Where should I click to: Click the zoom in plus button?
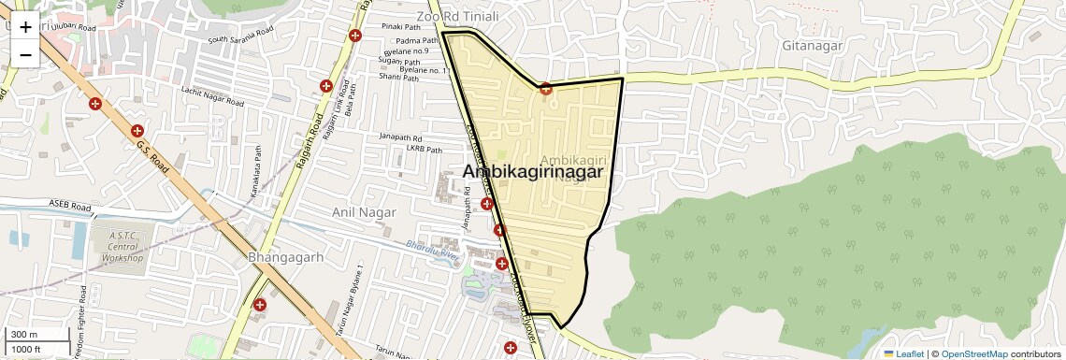tap(25, 27)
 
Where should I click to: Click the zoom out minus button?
tap(25, 54)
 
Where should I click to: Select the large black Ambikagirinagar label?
tap(531, 172)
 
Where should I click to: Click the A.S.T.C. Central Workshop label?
tap(123, 247)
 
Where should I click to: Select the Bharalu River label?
tap(436, 249)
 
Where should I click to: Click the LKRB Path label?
tap(423, 149)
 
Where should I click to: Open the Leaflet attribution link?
tap(903, 354)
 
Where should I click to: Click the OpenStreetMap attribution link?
tap(973, 354)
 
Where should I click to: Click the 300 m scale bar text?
tap(24, 335)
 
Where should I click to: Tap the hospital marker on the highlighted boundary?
tap(545, 89)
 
